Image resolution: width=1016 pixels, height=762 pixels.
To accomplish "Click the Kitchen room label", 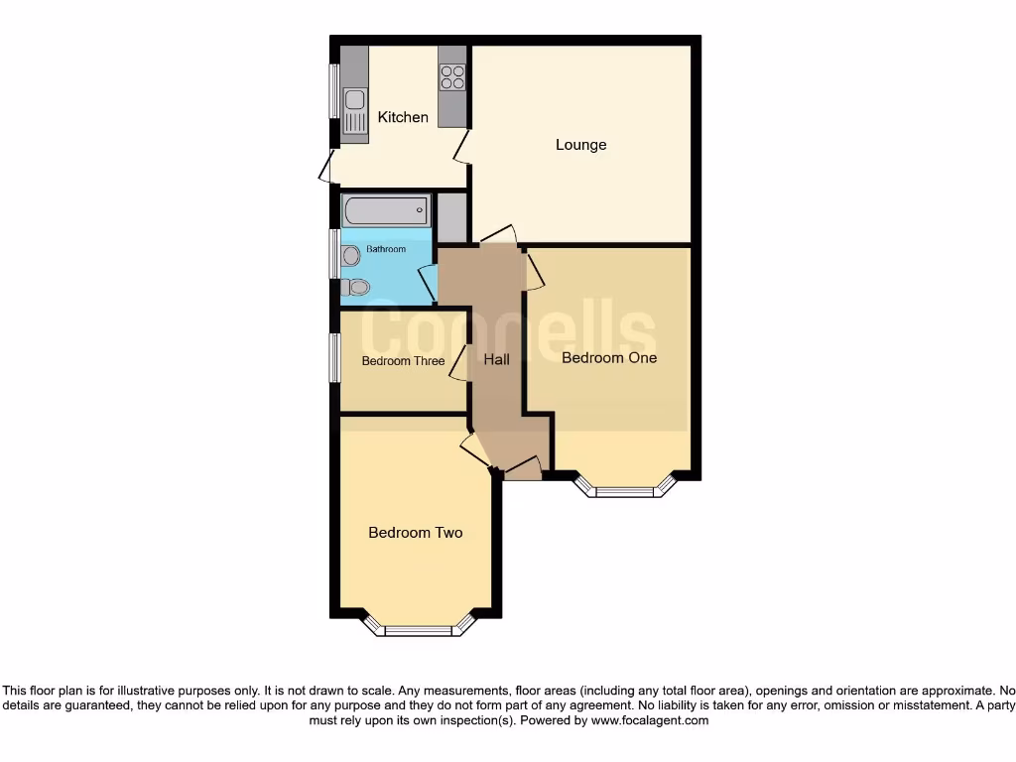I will [403, 117].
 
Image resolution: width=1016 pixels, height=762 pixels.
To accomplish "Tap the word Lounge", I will [580, 145].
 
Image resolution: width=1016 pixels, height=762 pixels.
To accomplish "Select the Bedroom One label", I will [609, 357].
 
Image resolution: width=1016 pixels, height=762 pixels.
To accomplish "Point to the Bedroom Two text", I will [415, 533].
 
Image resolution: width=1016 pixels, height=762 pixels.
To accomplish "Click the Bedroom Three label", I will [403, 361].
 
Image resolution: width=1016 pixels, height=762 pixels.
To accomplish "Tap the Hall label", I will [497, 359].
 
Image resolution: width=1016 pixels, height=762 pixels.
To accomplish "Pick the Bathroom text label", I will [386, 249].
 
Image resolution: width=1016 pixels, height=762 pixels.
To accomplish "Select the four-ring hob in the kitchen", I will [452, 76].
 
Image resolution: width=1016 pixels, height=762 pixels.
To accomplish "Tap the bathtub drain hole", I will [421, 210].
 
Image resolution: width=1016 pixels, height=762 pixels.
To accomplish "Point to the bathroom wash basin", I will [349, 256].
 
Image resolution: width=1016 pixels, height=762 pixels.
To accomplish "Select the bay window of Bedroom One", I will [625, 489].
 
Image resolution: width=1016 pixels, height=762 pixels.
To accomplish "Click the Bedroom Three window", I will [335, 357].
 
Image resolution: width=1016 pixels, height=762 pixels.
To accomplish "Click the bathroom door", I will [429, 284].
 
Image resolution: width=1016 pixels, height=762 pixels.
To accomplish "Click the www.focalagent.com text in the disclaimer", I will [650, 721].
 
